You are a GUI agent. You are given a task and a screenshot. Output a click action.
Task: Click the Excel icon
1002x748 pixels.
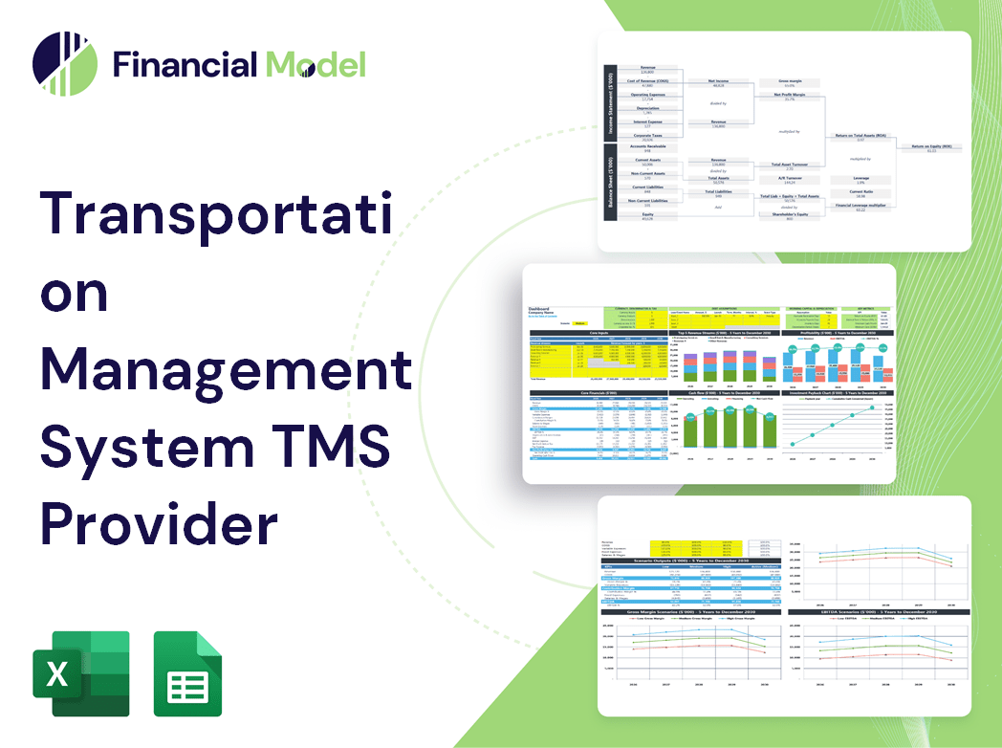pyautogui.click(x=80, y=673)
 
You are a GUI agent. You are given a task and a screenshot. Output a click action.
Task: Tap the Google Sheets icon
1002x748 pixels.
pyautogui.click(x=187, y=673)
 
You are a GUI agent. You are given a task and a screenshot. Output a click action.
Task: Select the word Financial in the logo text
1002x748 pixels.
pyautogui.click(x=185, y=65)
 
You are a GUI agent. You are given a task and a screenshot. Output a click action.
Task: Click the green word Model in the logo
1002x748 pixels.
pyautogui.click(x=316, y=65)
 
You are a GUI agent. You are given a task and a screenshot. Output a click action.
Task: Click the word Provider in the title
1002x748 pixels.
pyautogui.click(x=159, y=524)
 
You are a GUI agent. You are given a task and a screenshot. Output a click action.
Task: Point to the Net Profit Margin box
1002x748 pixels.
pyautogui.click(x=789, y=97)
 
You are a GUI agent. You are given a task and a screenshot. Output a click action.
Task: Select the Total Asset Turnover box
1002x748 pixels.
pyautogui.click(x=789, y=165)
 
